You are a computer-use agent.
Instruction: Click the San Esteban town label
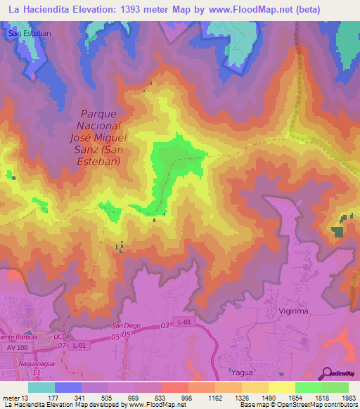(25, 32)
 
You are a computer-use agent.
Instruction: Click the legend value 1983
(347, 397)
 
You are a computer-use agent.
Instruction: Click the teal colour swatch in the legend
(41, 387)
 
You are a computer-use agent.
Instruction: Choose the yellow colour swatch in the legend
(281, 387)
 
